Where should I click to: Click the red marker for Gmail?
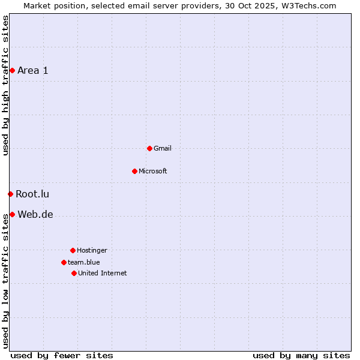pos(149,148)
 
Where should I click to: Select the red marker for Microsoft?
pos(134,171)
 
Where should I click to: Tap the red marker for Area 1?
pos(12,70)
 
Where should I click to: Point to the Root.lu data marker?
pos(10,194)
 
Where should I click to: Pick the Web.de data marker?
pos(12,214)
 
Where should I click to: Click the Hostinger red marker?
pos(73,250)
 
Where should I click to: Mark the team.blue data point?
pos(64,262)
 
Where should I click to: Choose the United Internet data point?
pos(74,273)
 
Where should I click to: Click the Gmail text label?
pos(163,148)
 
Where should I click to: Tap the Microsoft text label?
pos(153,171)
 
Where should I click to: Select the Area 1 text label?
pos(33,70)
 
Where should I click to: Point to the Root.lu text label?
pos(32,194)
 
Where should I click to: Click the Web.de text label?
pos(35,215)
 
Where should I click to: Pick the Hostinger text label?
pos(92,250)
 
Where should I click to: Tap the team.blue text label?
pos(84,262)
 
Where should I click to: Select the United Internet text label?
pos(103,273)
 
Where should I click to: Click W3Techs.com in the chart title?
pos(308,5)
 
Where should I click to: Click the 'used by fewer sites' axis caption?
pos(62,355)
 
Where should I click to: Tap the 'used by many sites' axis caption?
pos(301,355)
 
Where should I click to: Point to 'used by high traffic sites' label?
pos(5,85)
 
